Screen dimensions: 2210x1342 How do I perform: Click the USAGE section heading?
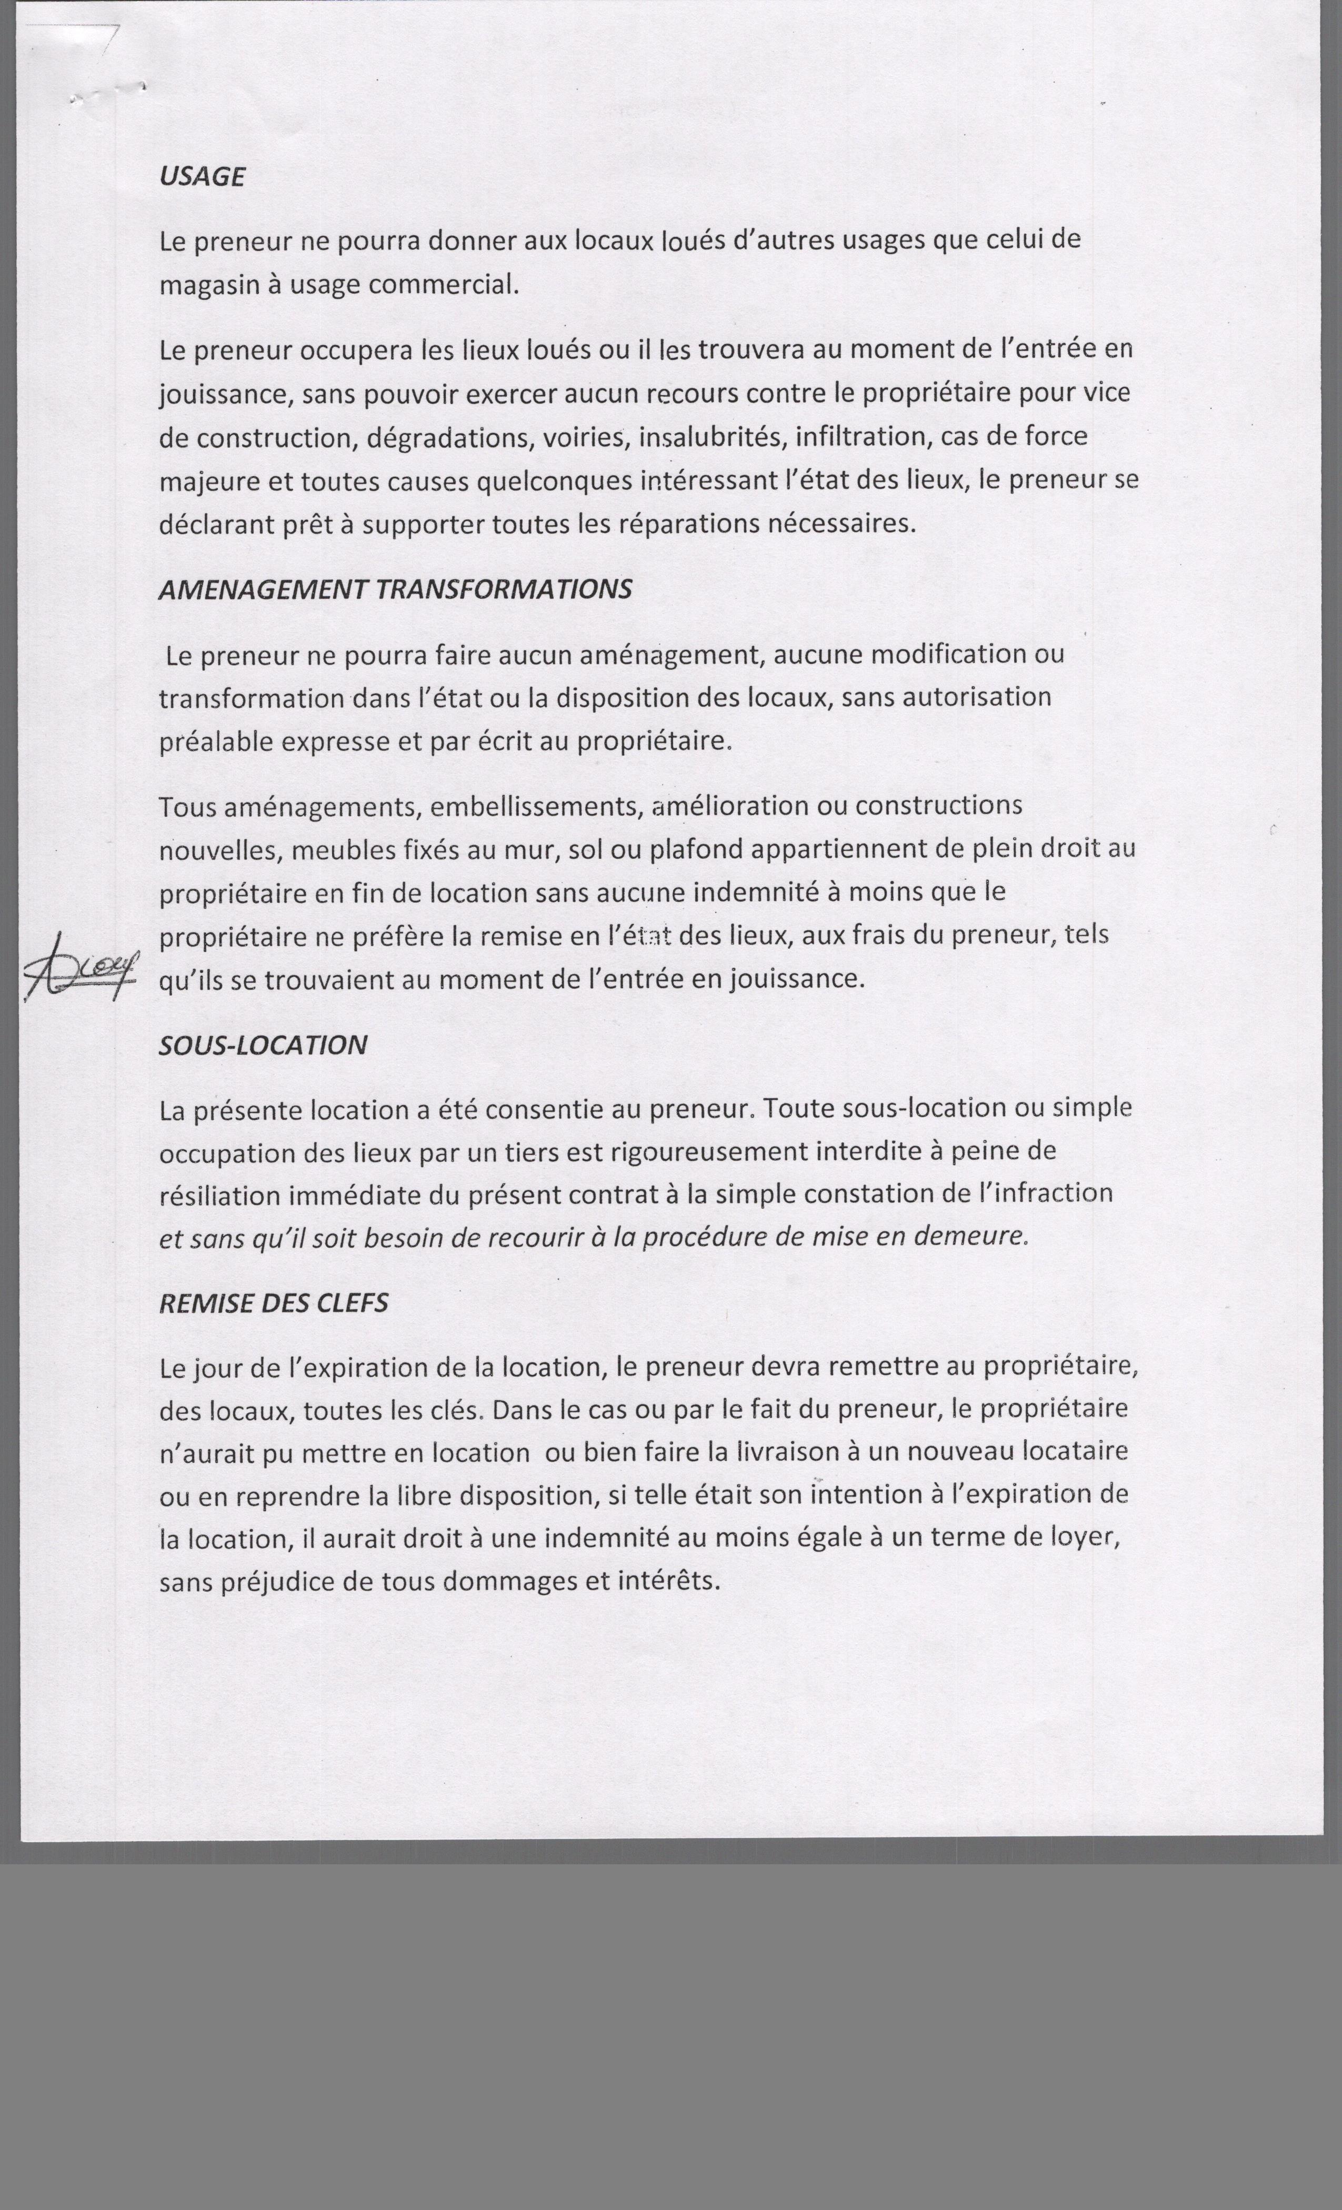pos(202,177)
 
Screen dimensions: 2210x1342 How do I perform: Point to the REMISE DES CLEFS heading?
pos(274,1303)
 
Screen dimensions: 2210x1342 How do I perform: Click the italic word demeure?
pos(977,1237)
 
